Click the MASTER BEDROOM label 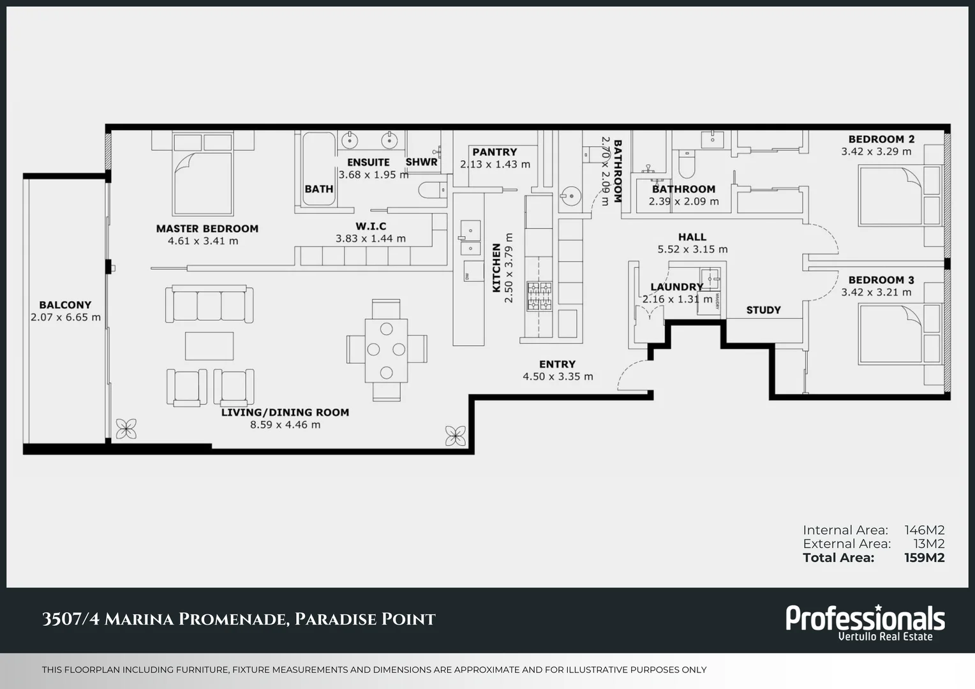pos(207,228)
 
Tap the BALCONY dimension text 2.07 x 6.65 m pos(65,317)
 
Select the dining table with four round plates pos(386,350)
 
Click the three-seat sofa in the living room pos(209,304)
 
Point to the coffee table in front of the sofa pos(209,346)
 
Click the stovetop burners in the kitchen pos(539,297)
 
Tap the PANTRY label pos(495,152)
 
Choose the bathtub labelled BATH pos(318,169)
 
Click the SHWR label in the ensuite pos(421,162)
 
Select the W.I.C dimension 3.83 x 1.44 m pos(370,239)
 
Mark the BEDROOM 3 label pos(881,279)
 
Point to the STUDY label pos(763,310)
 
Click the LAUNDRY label pos(676,287)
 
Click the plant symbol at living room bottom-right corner pos(455,436)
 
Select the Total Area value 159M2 pos(924,558)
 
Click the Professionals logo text pos(865,618)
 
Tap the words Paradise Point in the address pos(365,619)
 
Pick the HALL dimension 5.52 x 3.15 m pos(692,249)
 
